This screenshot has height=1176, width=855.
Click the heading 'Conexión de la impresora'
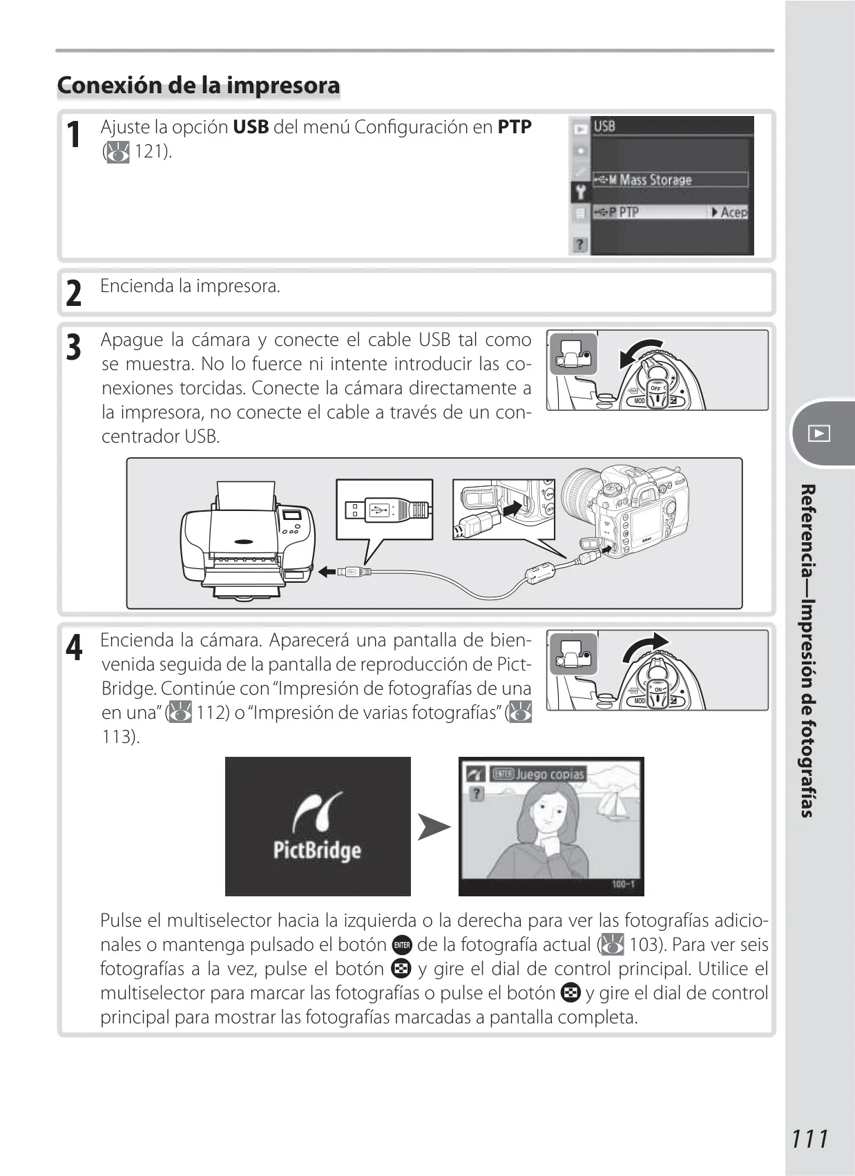(x=198, y=85)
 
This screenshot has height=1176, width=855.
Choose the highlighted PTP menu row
(x=670, y=212)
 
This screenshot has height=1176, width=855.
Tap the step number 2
(x=74, y=293)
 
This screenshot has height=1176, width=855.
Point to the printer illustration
(x=247, y=540)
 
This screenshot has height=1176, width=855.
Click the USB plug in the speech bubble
(x=387, y=509)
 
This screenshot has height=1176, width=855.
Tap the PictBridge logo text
(x=317, y=850)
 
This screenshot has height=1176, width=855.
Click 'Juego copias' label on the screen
(x=550, y=774)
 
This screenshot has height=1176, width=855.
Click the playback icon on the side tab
(x=819, y=433)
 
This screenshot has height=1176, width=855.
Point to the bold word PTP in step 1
(x=515, y=127)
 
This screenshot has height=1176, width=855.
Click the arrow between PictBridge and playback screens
(x=434, y=827)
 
